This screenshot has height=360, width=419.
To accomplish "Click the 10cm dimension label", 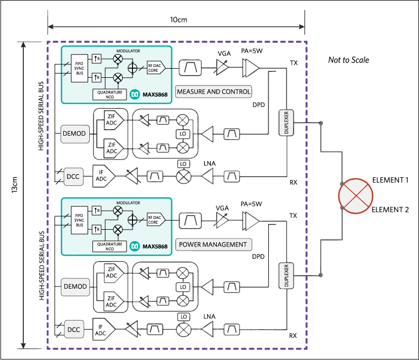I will [178, 19].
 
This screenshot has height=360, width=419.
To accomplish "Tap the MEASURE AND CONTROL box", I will [214, 91].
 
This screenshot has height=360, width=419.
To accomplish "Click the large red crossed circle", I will [356, 195].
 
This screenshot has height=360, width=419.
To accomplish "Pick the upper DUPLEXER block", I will [286, 123].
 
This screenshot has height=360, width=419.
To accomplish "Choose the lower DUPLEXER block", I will [286, 276].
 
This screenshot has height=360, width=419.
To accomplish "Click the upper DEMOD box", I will [75, 134].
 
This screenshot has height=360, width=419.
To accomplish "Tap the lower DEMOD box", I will [75, 286].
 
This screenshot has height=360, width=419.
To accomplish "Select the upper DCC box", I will [73, 177].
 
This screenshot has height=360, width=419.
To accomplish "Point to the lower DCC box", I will [73, 329].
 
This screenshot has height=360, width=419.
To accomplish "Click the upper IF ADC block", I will [102, 175].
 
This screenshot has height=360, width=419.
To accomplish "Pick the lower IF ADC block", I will [102, 328].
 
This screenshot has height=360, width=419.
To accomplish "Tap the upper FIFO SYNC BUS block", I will [79, 68].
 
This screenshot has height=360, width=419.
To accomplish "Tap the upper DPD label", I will [258, 104].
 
